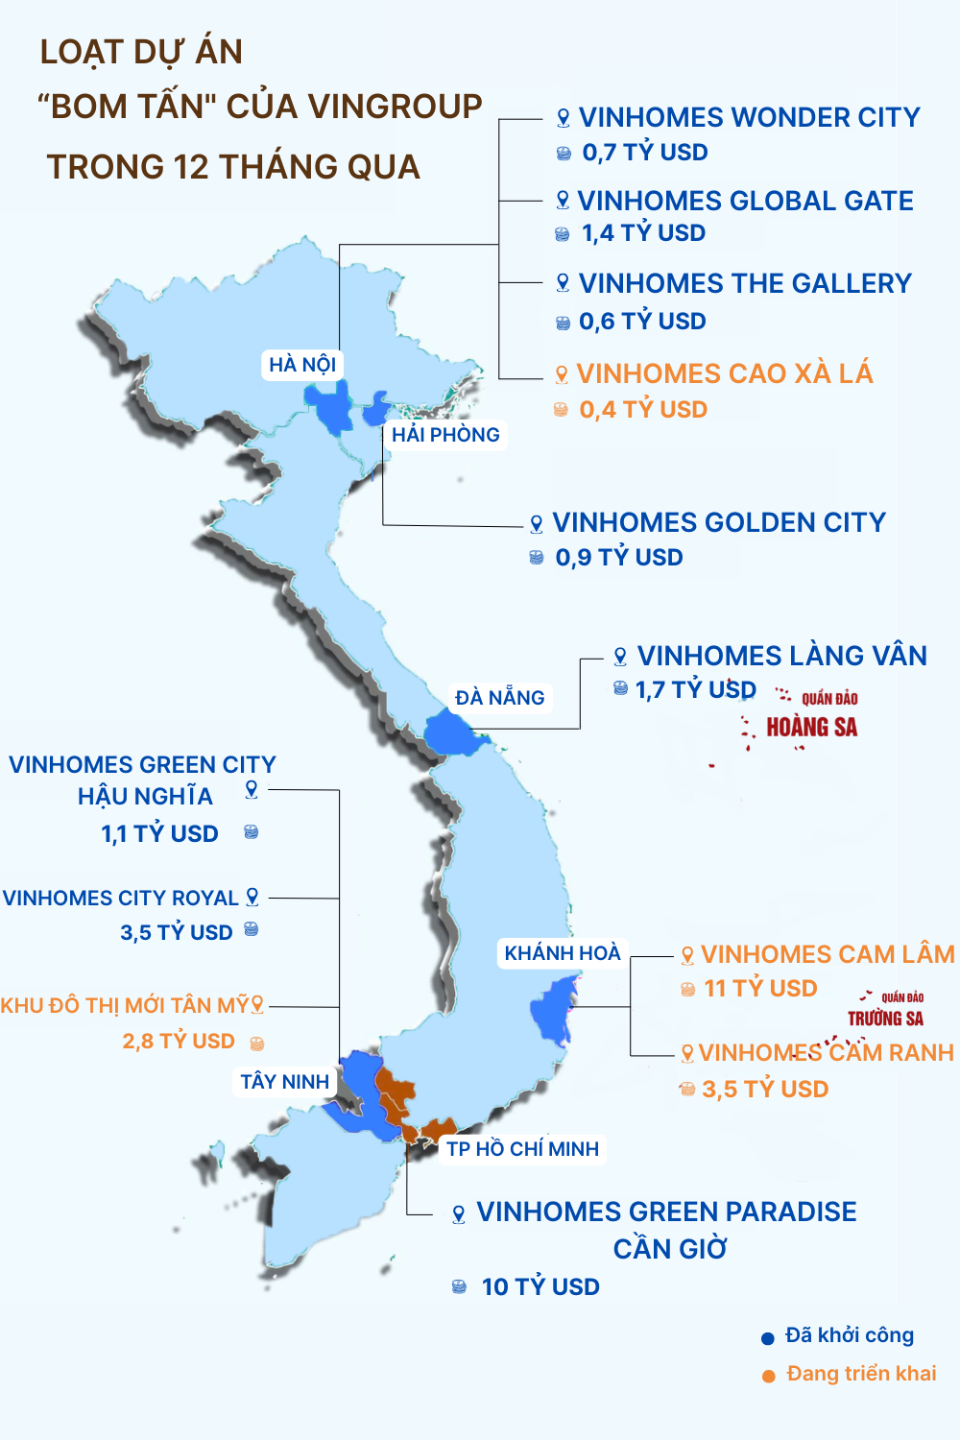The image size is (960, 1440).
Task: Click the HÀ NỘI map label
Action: click(302, 365)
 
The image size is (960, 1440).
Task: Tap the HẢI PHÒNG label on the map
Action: click(445, 435)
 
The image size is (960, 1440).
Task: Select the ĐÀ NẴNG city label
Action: click(500, 698)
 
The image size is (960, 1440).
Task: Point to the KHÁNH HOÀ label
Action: click(563, 953)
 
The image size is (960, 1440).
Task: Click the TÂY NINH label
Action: click(284, 1082)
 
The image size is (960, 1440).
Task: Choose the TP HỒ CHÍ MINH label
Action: click(522, 1149)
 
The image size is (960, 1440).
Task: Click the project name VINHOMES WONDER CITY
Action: click(749, 118)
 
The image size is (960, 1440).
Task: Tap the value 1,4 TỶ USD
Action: click(643, 233)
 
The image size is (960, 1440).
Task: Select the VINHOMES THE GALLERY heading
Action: click(745, 284)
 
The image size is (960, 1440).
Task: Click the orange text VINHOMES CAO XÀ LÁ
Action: click(725, 373)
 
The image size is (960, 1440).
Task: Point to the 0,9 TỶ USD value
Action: click(619, 558)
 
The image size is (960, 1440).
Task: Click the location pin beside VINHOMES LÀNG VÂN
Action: click(620, 657)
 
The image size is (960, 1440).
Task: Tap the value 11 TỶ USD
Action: click(760, 989)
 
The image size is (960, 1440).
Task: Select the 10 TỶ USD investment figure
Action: click(540, 1287)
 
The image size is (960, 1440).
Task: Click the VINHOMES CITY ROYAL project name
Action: click(121, 899)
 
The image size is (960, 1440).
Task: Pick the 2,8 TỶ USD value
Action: click(179, 1042)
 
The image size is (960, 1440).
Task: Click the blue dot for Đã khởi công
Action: click(768, 1338)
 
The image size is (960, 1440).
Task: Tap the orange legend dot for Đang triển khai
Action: click(769, 1376)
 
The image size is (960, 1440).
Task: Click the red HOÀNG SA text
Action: click(811, 728)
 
